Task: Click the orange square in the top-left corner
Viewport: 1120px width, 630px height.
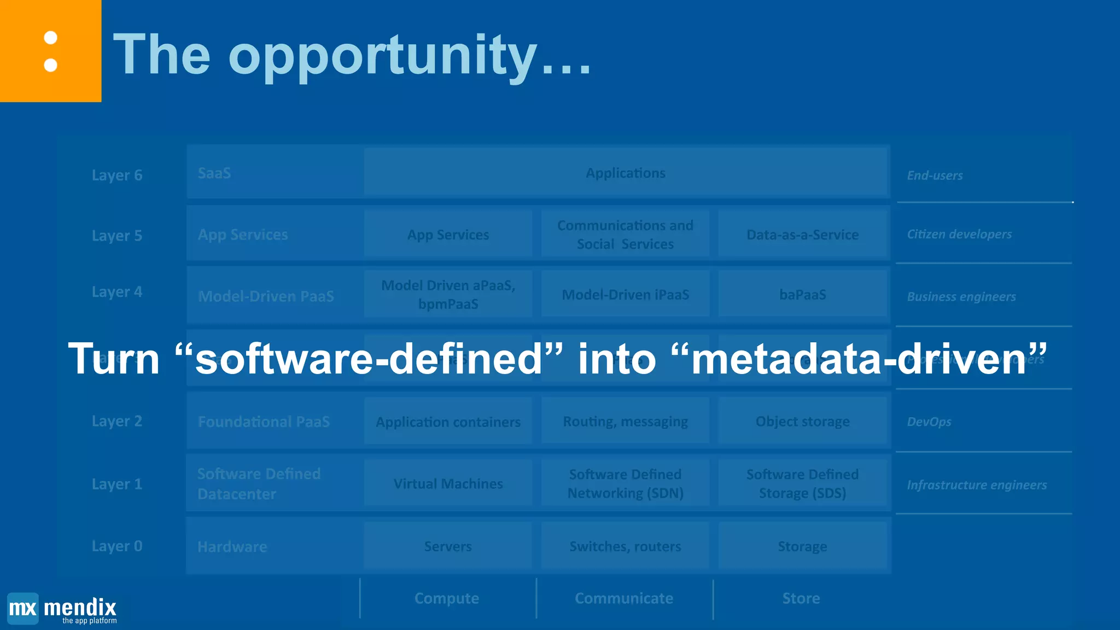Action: click(x=50, y=51)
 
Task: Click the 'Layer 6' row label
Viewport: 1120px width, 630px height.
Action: click(x=116, y=175)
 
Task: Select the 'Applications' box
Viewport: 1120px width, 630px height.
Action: click(x=625, y=173)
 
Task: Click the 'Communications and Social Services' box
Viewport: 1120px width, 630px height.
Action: click(x=625, y=235)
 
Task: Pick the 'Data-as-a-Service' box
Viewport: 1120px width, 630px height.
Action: click(x=802, y=235)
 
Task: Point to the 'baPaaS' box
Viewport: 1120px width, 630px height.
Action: click(x=802, y=295)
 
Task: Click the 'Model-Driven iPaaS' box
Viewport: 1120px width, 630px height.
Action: click(x=625, y=295)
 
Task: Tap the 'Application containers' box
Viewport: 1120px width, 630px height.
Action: click(x=448, y=422)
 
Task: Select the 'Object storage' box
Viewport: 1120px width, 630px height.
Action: click(x=802, y=422)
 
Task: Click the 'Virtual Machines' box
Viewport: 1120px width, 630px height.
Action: click(x=448, y=483)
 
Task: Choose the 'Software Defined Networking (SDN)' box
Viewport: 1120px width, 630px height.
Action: click(x=625, y=483)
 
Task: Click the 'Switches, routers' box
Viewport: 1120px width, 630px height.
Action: click(x=625, y=546)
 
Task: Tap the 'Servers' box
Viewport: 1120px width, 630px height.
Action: click(x=448, y=546)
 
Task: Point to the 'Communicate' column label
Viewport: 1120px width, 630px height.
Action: click(x=624, y=598)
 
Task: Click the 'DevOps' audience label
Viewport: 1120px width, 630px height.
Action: click(x=929, y=422)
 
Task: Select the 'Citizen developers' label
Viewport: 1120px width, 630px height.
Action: click(x=959, y=234)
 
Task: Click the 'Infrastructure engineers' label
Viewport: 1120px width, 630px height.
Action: click(x=977, y=485)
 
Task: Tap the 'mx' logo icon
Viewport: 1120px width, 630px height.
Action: click(x=23, y=608)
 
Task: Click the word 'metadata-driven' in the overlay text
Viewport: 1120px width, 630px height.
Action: click(x=859, y=359)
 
